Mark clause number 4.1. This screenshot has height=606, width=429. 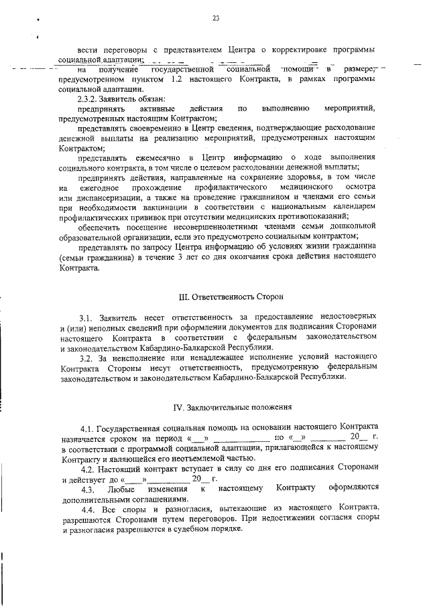(86, 427)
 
